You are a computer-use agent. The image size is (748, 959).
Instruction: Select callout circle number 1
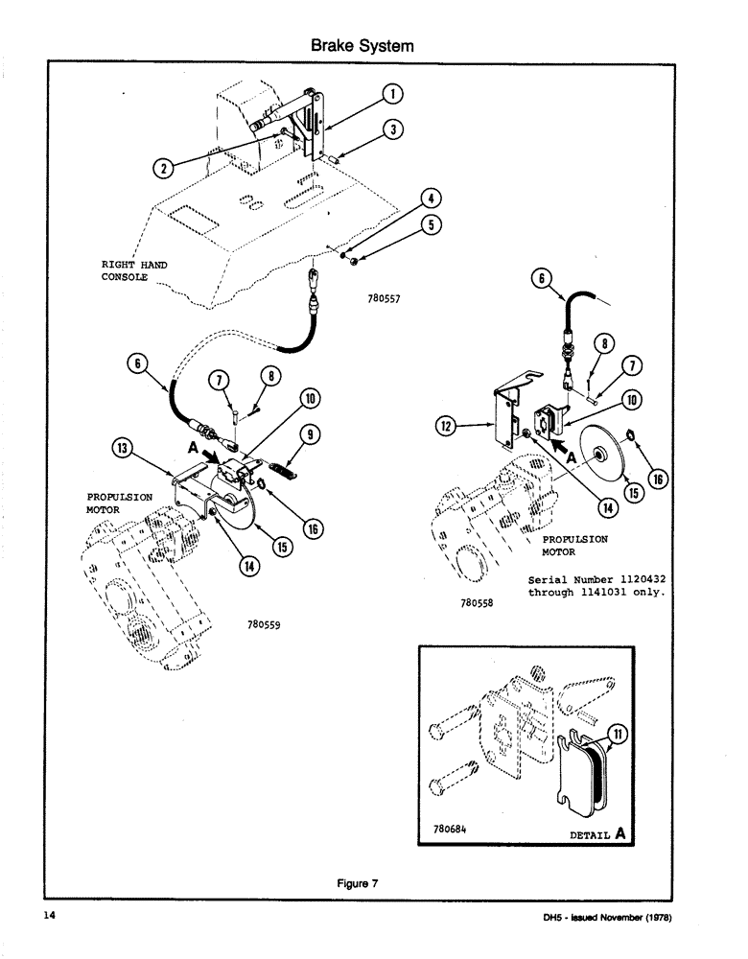392,94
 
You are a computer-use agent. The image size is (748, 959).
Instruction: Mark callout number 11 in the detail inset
619,736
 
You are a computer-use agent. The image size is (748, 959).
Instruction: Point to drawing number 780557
383,298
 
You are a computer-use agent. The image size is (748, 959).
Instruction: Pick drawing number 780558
476,605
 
